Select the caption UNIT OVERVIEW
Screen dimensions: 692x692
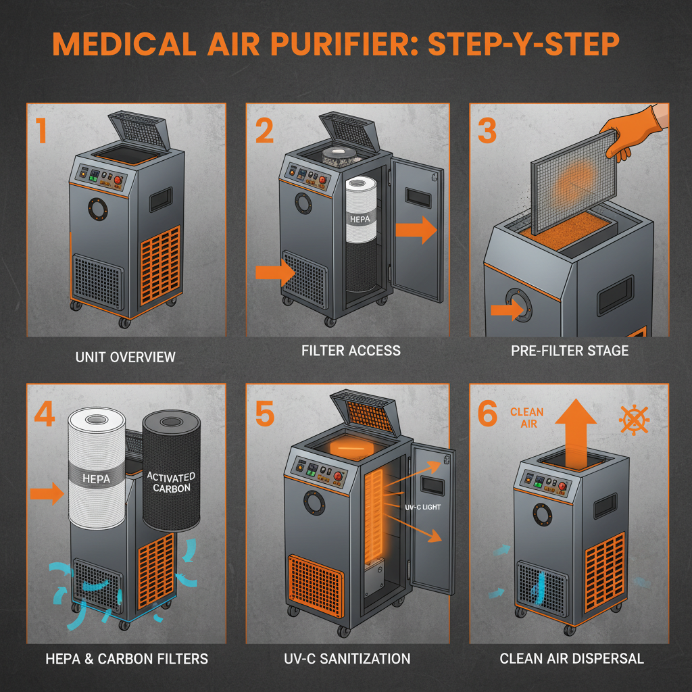(125, 356)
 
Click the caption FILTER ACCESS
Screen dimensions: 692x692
(351, 350)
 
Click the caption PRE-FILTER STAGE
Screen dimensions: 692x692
(570, 350)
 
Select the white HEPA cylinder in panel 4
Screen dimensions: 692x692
(96, 466)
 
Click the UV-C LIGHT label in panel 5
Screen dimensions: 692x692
(422, 507)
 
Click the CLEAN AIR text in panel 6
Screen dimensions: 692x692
(526, 418)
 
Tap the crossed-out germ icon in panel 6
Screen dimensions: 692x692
(634, 420)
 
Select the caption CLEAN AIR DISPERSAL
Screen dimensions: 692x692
(571, 658)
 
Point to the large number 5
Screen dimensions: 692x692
(264, 414)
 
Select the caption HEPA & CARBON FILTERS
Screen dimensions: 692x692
(125, 658)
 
